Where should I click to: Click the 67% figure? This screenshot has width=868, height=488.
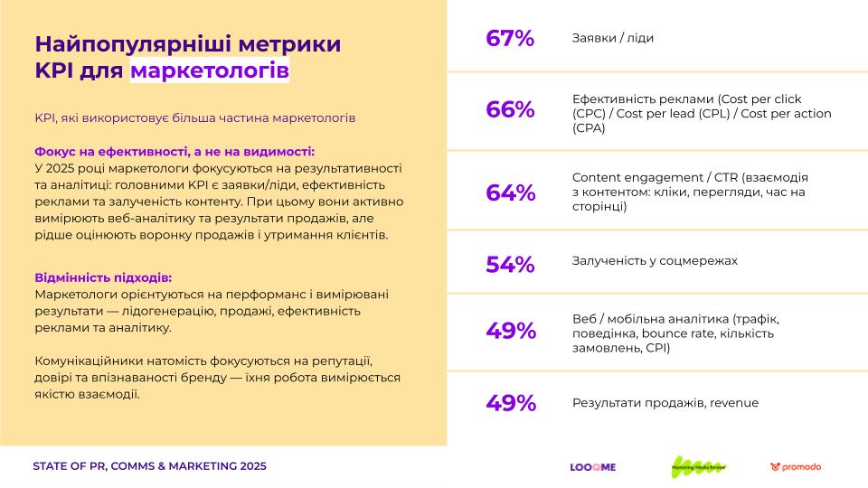pos(510,38)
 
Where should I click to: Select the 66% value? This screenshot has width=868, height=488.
pos(510,110)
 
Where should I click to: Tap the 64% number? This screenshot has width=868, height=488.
pos(510,192)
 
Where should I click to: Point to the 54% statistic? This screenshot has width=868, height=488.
pos(510,264)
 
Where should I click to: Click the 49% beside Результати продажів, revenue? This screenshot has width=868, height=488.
pos(510,403)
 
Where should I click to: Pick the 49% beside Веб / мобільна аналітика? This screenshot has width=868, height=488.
pos(510,331)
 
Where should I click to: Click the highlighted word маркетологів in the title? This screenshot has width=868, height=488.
pos(210,70)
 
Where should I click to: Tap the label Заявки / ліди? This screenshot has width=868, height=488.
pos(612,38)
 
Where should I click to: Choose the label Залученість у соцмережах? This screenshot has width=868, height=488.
pos(655,260)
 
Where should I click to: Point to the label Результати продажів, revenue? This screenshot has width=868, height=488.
pos(665,403)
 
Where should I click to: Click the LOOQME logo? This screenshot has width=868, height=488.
pos(592,467)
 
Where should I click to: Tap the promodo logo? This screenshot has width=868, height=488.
pos(796,467)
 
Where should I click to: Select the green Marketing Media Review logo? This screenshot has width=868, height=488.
pos(697,466)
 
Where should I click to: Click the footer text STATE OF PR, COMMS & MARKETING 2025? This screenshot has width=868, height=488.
pos(149,466)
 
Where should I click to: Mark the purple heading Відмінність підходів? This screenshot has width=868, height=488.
pos(102,277)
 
